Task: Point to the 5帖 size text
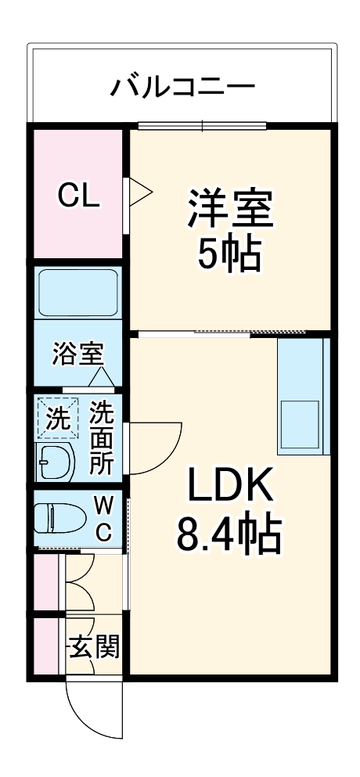(229, 254)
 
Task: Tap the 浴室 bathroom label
(77, 354)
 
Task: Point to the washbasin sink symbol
(55, 464)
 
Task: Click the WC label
(103, 517)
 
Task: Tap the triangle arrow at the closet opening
(140, 191)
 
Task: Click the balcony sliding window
(203, 125)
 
